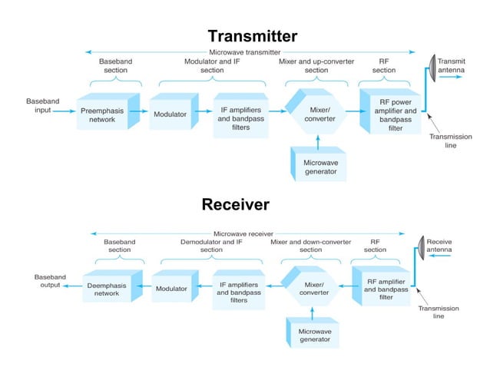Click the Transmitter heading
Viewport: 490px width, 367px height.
coord(252,36)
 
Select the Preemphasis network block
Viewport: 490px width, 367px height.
coord(105,115)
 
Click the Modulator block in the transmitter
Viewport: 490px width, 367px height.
coord(170,115)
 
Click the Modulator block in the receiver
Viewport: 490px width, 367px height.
coord(173,289)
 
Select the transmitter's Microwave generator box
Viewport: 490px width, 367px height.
coord(319,166)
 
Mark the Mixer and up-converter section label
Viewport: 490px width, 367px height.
coord(316,65)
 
